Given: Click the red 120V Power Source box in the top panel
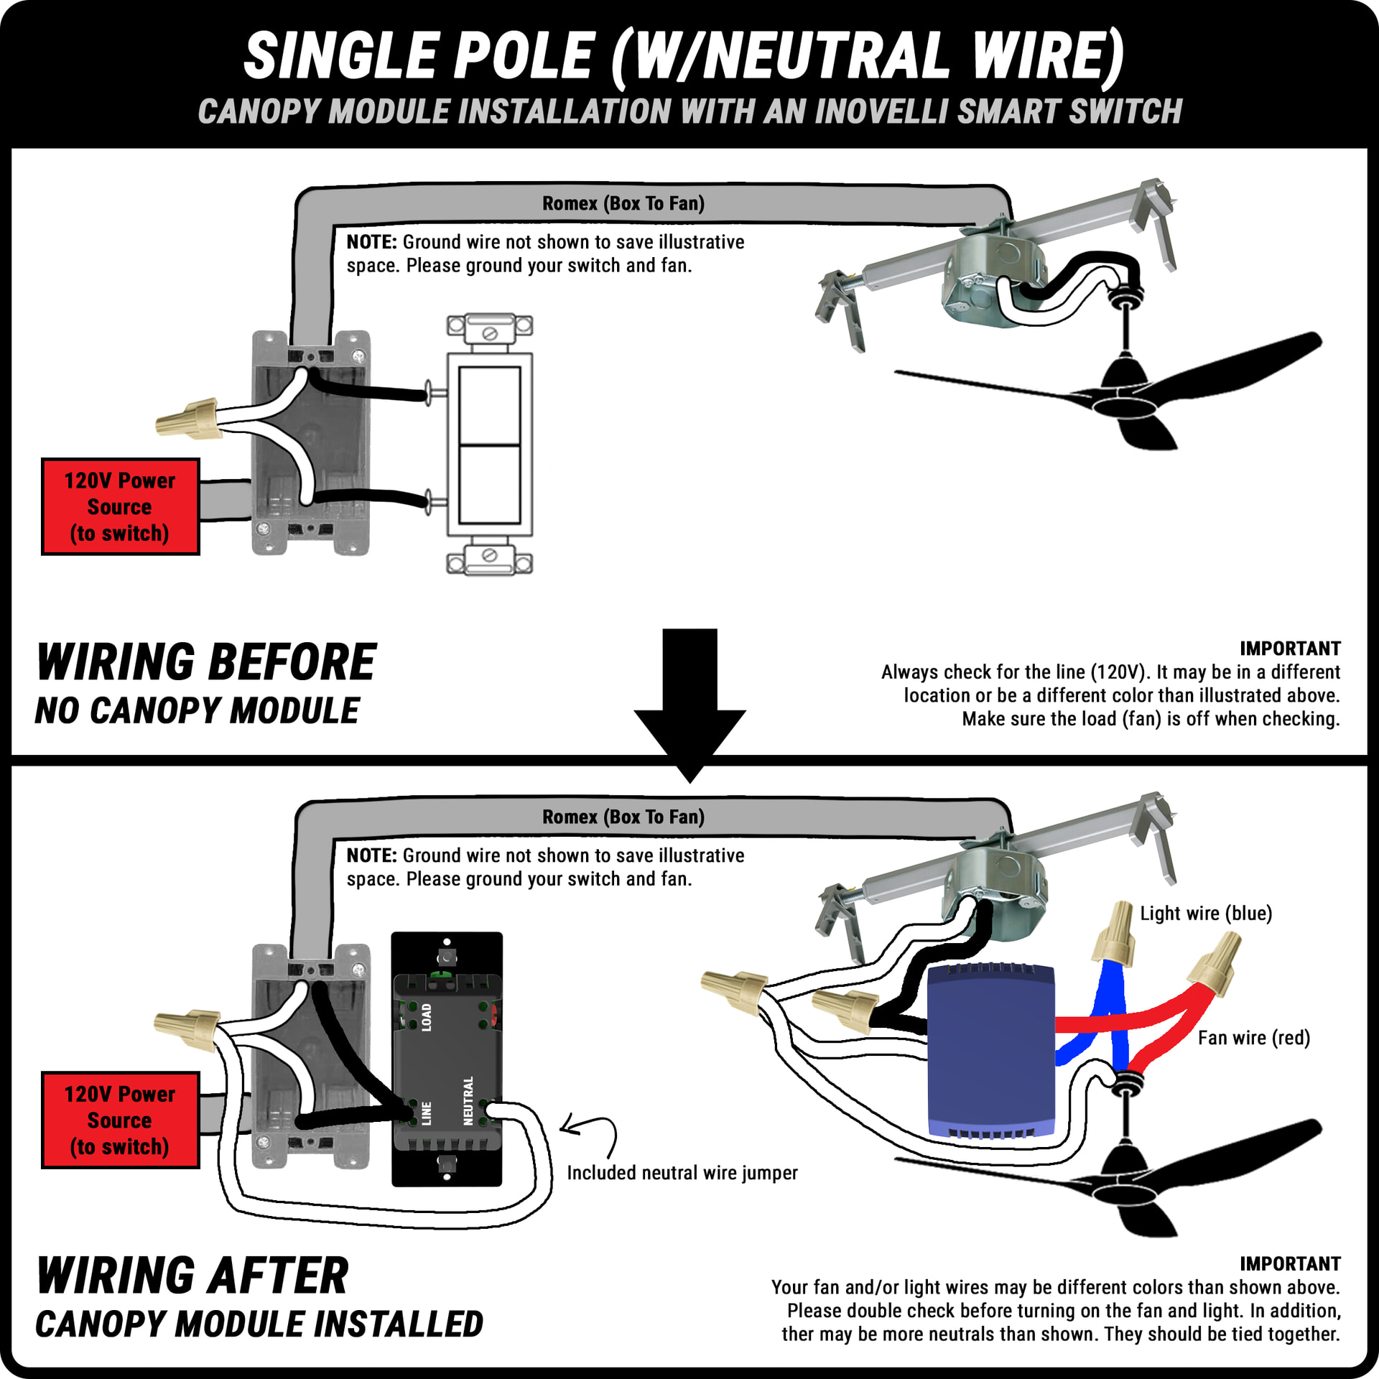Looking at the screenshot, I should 120,506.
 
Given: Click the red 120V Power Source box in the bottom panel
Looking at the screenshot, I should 120,1120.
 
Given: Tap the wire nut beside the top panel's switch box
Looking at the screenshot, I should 187,417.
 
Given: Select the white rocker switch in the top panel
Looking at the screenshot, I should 489,445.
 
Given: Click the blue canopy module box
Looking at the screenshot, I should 990,1051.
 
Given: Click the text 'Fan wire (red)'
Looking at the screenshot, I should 1253,1038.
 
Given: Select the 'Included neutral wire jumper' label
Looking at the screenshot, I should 682,1173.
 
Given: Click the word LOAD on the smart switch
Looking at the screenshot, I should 427,1017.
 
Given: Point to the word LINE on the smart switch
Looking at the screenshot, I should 427,1113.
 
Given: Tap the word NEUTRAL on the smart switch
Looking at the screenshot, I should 468,1100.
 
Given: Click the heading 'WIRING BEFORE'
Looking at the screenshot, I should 207,662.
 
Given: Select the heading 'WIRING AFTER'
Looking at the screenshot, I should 192,1276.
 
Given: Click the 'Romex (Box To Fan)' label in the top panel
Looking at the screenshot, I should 623,204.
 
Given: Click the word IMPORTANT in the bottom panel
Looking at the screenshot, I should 1289,1263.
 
